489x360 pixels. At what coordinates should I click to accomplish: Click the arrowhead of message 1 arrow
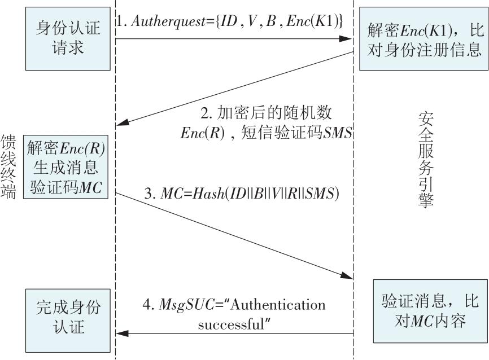pos(347,38)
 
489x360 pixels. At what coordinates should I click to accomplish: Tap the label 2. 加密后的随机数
pos(268,113)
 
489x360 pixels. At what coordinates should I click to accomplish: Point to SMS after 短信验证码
pos(340,133)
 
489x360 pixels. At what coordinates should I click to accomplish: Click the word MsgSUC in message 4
pos(178,305)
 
